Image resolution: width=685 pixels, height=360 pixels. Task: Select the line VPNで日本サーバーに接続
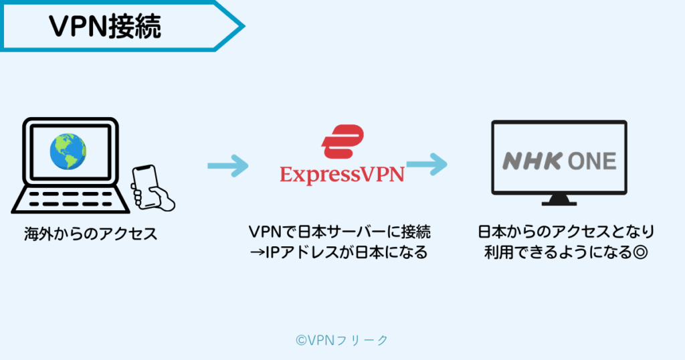tap(340, 232)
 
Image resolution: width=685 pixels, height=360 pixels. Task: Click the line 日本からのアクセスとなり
tap(566, 232)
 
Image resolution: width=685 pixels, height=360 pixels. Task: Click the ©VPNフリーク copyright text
tap(342, 340)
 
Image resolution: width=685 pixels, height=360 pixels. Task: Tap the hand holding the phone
tap(159, 198)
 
